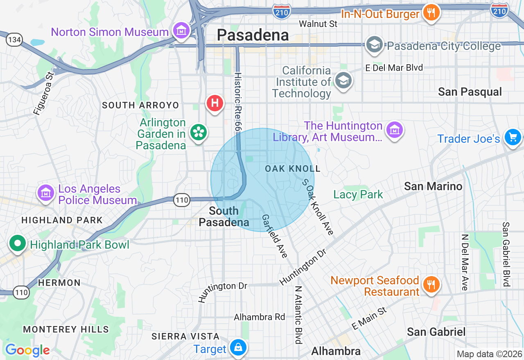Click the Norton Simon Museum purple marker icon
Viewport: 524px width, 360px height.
181,31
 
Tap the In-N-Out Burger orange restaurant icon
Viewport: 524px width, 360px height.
431,12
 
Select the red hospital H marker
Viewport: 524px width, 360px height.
215,103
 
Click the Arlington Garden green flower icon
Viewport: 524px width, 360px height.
199,133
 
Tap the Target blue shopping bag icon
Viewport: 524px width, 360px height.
237,348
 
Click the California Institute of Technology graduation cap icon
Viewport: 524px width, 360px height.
343,81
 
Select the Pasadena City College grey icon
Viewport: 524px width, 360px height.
375,45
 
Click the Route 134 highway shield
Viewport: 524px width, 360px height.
14,40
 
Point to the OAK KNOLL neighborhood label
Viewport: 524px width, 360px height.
293,169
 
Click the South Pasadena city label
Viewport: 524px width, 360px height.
224,216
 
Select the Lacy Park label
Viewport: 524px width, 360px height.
358,194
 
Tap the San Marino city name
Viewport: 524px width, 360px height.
433,186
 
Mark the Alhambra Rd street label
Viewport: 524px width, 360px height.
259,317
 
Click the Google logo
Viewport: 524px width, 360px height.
27,350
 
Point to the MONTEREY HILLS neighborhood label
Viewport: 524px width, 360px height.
66,329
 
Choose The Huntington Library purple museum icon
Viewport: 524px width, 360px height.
394,130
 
